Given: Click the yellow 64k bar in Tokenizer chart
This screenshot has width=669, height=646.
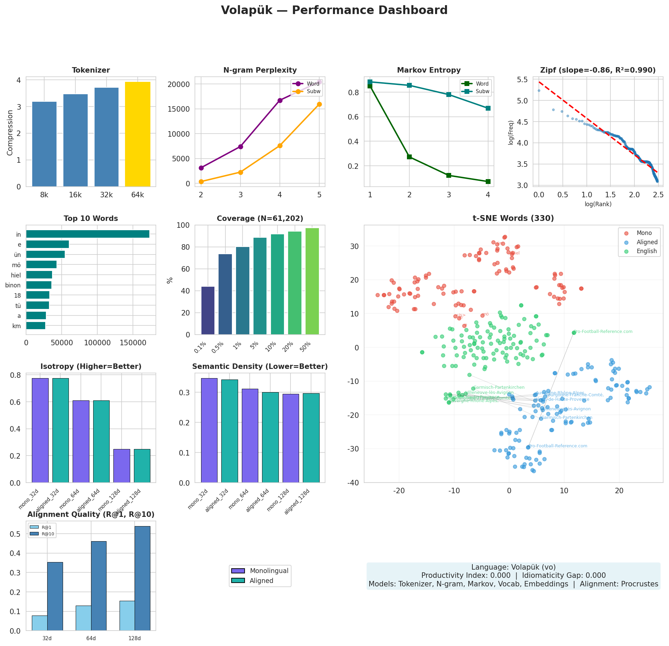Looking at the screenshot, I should coord(137,134).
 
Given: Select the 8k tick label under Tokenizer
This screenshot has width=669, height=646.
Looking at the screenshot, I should coord(44,195).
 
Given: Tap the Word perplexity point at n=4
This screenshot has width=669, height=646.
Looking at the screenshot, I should coord(280,100).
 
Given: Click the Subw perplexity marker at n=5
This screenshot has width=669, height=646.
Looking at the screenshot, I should coord(319,104).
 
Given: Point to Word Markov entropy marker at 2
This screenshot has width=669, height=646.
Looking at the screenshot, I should coord(409,157).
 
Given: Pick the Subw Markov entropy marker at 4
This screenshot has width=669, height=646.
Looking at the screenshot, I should coord(488,108).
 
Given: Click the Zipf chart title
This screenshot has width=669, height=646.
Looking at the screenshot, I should coord(598,70).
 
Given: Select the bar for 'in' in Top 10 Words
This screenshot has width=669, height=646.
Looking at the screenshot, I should coord(88,234).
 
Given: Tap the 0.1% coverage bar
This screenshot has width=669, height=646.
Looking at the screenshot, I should coord(208,310).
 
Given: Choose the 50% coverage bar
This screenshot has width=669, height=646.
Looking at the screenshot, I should coord(312,281).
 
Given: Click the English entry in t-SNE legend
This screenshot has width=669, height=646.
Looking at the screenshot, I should coord(646,251).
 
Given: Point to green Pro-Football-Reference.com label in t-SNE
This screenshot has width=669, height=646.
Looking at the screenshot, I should coord(603,332).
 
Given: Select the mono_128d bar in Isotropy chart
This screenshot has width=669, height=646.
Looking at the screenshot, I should coord(122,465).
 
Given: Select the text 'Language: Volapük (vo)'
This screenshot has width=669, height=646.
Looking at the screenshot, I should coord(513,567).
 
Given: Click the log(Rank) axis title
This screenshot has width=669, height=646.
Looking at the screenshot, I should coord(598,204).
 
